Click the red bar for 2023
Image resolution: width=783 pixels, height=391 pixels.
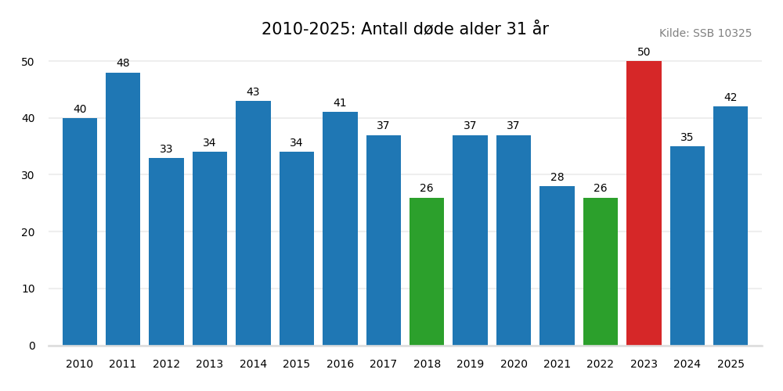(x=644, y=203)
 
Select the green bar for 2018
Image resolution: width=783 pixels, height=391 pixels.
(x=427, y=271)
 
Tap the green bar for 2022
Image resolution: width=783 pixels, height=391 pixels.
(x=601, y=271)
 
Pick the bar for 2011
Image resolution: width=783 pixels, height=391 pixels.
(x=123, y=209)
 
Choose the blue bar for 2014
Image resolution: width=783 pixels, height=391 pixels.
(x=253, y=223)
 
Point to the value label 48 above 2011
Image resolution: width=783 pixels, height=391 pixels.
(x=123, y=63)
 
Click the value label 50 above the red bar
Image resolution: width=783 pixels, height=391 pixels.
(x=644, y=52)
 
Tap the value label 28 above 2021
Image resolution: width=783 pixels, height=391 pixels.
(x=557, y=178)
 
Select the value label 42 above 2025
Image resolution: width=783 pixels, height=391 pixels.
(x=731, y=98)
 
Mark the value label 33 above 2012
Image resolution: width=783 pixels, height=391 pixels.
(x=166, y=149)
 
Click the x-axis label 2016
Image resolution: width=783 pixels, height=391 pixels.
(x=340, y=364)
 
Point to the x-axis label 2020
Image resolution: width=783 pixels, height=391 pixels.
(x=514, y=364)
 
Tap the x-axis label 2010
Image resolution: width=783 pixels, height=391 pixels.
(x=80, y=364)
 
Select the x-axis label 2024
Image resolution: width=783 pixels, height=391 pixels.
(x=687, y=364)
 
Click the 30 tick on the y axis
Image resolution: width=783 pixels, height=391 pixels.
(x=27, y=175)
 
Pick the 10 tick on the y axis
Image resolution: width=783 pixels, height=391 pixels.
(x=27, y=289)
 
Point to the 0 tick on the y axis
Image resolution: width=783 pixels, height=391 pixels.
(x=31, y=346)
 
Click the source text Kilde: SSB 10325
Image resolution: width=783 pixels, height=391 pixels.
(x=705, y=34)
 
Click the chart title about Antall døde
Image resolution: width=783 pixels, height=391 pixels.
(x=405, y=30)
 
